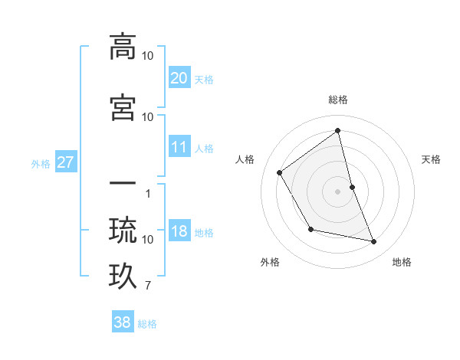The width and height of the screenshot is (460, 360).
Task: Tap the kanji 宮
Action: [123, 106]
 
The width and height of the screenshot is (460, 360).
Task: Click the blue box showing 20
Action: [179, 77]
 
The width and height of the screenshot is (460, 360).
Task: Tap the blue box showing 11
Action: [179, 147]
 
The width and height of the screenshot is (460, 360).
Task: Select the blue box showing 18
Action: [179, 232]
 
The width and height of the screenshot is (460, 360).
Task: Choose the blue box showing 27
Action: [65, 162]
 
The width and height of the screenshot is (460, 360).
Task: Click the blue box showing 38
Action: [123, 322]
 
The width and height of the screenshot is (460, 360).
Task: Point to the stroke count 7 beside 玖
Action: [148, 287]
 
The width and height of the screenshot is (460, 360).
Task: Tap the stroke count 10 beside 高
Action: [148, 56]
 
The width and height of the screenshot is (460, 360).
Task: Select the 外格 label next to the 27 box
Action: [41, 163]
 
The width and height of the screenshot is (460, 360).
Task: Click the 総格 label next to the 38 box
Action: [147, 324]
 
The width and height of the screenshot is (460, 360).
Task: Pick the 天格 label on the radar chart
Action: [431, 159]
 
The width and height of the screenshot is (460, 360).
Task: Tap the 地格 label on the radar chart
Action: [402, 262]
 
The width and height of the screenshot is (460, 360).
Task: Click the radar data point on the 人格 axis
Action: [280, 172]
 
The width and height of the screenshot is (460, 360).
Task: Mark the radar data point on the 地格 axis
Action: [374, 242]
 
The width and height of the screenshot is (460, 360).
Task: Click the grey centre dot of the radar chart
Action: [337, 191]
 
